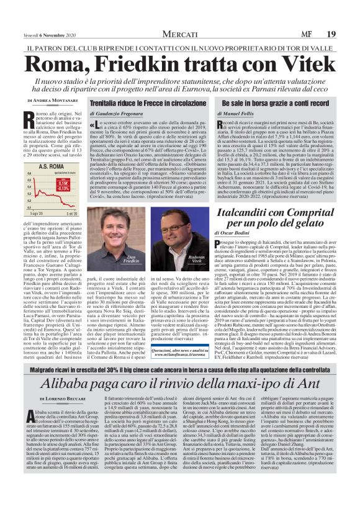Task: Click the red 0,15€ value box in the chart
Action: tap(63, 184)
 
